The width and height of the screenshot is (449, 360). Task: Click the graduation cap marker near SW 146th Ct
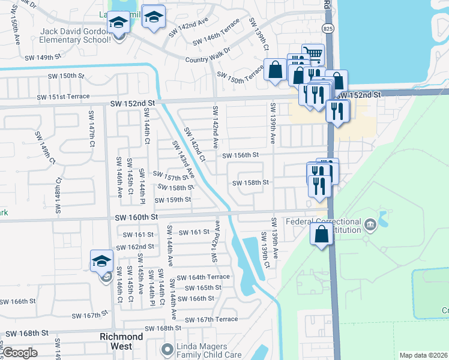102,262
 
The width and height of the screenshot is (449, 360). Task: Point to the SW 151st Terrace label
63,97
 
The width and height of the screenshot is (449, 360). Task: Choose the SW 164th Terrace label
203,277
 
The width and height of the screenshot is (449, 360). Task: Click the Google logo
20,353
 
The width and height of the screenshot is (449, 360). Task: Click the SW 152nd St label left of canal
133,103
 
